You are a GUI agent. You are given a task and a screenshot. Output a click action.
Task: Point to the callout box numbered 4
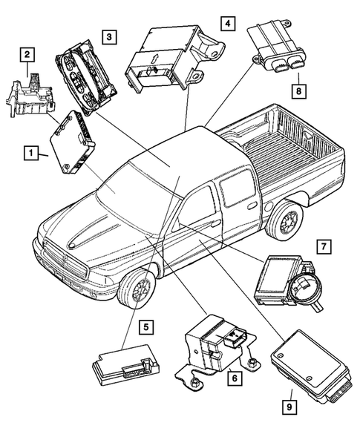click(x=228, y=24)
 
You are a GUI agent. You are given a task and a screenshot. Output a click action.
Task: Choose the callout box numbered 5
click(x=146, y=325)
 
